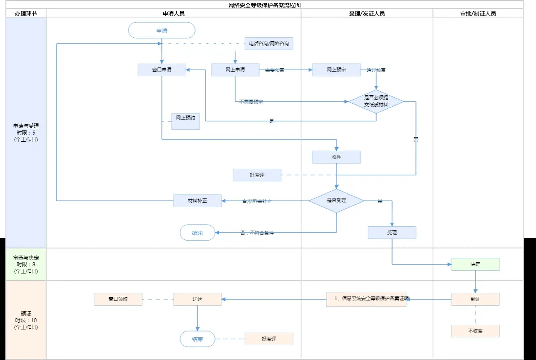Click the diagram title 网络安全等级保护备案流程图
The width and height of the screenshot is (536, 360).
[264, 5]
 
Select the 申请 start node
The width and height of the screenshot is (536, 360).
[162, 31]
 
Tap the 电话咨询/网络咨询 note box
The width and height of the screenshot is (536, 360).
[269, 44]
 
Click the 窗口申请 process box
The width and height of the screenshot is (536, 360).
[162, 70]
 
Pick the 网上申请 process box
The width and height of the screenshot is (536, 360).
[235, 70]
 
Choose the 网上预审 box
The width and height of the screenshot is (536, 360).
[336, 70]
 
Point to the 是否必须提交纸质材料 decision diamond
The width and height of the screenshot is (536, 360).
[376, 102]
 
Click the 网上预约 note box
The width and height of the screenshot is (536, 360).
[185, 121]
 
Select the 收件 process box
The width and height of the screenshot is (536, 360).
[336, 157]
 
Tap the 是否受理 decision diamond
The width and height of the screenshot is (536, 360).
[336, 201]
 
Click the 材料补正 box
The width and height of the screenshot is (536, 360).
[197, 201]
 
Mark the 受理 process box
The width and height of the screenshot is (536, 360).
[392, 233]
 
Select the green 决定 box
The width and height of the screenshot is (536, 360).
[475, 264]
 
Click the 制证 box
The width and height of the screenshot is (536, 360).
[475, 299]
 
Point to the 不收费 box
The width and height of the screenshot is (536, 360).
[475, 331]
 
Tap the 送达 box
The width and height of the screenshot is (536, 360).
[197, 299]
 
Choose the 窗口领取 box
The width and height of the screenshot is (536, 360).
[118, 299]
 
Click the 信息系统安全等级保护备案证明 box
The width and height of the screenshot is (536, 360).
[366, 299]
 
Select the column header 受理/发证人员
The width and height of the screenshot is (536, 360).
[367, 13]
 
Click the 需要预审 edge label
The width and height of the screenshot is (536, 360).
[274, 70]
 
